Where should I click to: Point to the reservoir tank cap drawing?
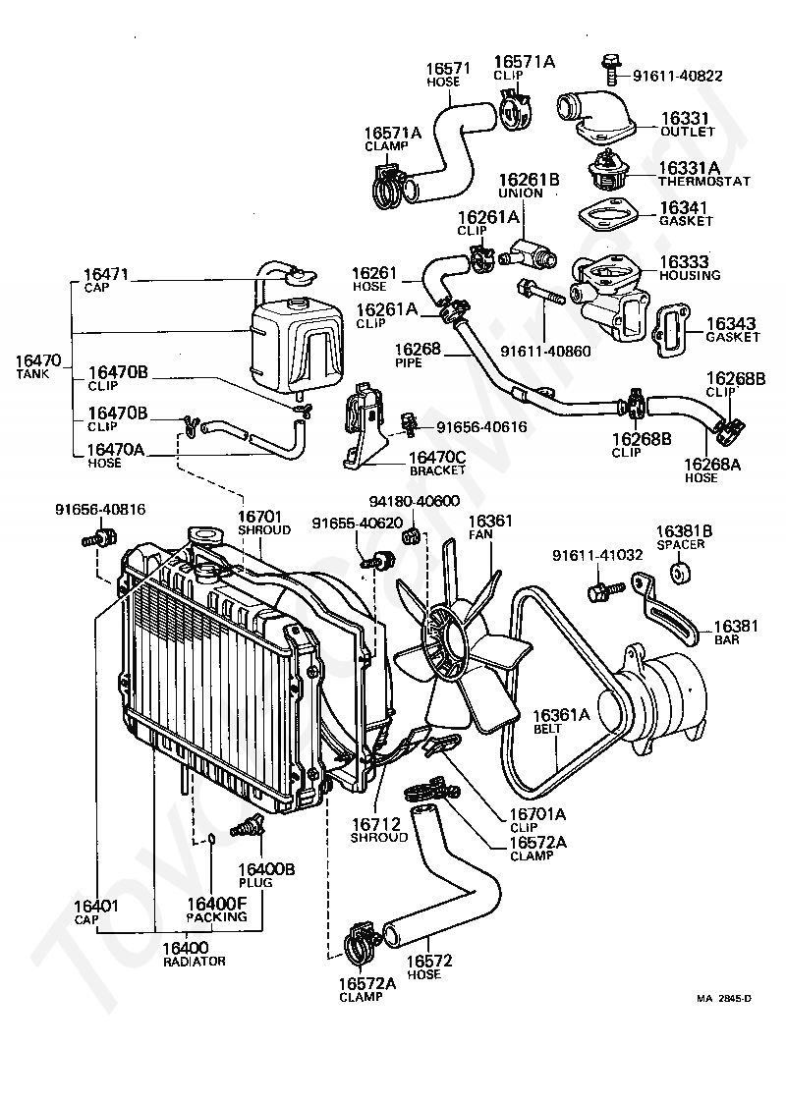pos(300,275)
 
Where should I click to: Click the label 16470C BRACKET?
pos(437,463)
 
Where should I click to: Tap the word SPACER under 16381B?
pos(680,544)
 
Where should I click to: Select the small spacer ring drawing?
pos(681,572)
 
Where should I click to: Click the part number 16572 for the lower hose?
pos(429,961)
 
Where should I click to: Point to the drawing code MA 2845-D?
pos(724,998)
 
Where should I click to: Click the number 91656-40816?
pos(100,509)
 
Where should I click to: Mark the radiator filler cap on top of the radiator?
pos(203,536)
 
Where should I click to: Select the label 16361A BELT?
pos(561,721)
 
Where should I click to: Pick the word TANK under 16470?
pos(33,374)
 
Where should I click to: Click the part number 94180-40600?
pos(415,501)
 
